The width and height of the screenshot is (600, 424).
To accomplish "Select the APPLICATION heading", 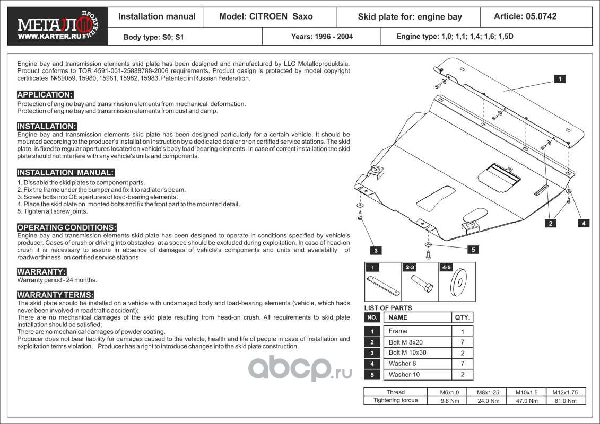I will pyautogui.click(x=45, y=95).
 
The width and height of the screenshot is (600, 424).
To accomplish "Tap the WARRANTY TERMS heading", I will pyautogui.click(x=56, y=295).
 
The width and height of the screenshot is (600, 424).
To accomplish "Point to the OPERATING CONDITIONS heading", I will pyautogui.click(x=67, y=227).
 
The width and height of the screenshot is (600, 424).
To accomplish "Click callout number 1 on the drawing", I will pyautogui.click(x=559, y=79).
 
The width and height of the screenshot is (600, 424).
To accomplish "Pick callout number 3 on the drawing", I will pyautogui.click(x=375, y=250).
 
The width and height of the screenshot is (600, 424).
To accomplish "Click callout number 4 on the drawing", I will pyautogui.click(x=583, y=223).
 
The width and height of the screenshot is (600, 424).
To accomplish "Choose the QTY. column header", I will pyautogui.click(x=462, y=317).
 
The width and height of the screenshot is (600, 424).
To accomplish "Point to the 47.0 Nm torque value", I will pyautogui.click(x=526, y=401).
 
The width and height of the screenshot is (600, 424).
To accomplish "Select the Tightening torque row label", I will pyautogui.click(x=395, y=400).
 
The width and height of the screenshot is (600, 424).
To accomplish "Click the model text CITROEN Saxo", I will pyautogui.click(x=266, y=16).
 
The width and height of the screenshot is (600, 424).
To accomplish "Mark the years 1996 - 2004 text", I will pyautogui.click(x=321, y=37).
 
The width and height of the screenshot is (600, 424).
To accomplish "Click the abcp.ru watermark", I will pyautogui.click(x=300, y=368).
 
